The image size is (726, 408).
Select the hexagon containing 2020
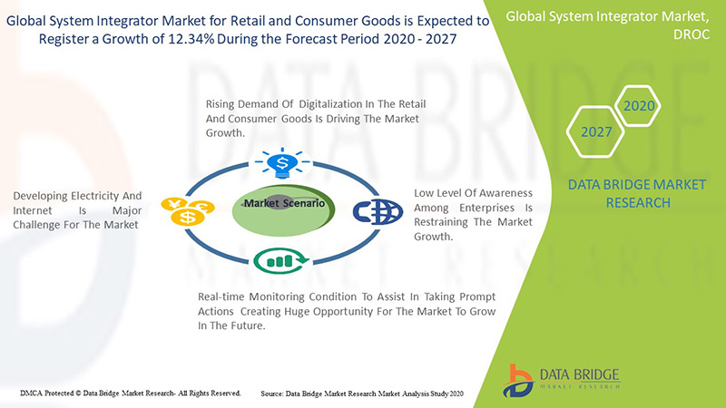click(639, 105)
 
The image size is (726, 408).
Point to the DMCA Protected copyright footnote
click(130, 393)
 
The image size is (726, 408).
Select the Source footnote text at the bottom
click(361, 393)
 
